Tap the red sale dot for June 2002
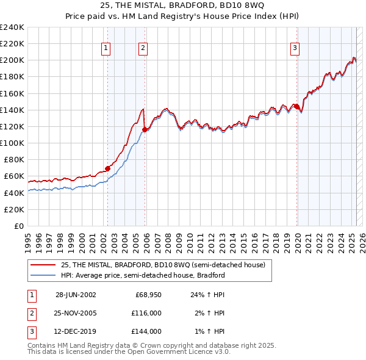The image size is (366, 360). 107,168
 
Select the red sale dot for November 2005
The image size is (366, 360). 145,129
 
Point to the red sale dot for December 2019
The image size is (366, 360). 296,106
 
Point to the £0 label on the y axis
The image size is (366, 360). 18,226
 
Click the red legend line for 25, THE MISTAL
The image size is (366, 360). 43,265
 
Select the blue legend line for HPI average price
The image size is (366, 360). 43,275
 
